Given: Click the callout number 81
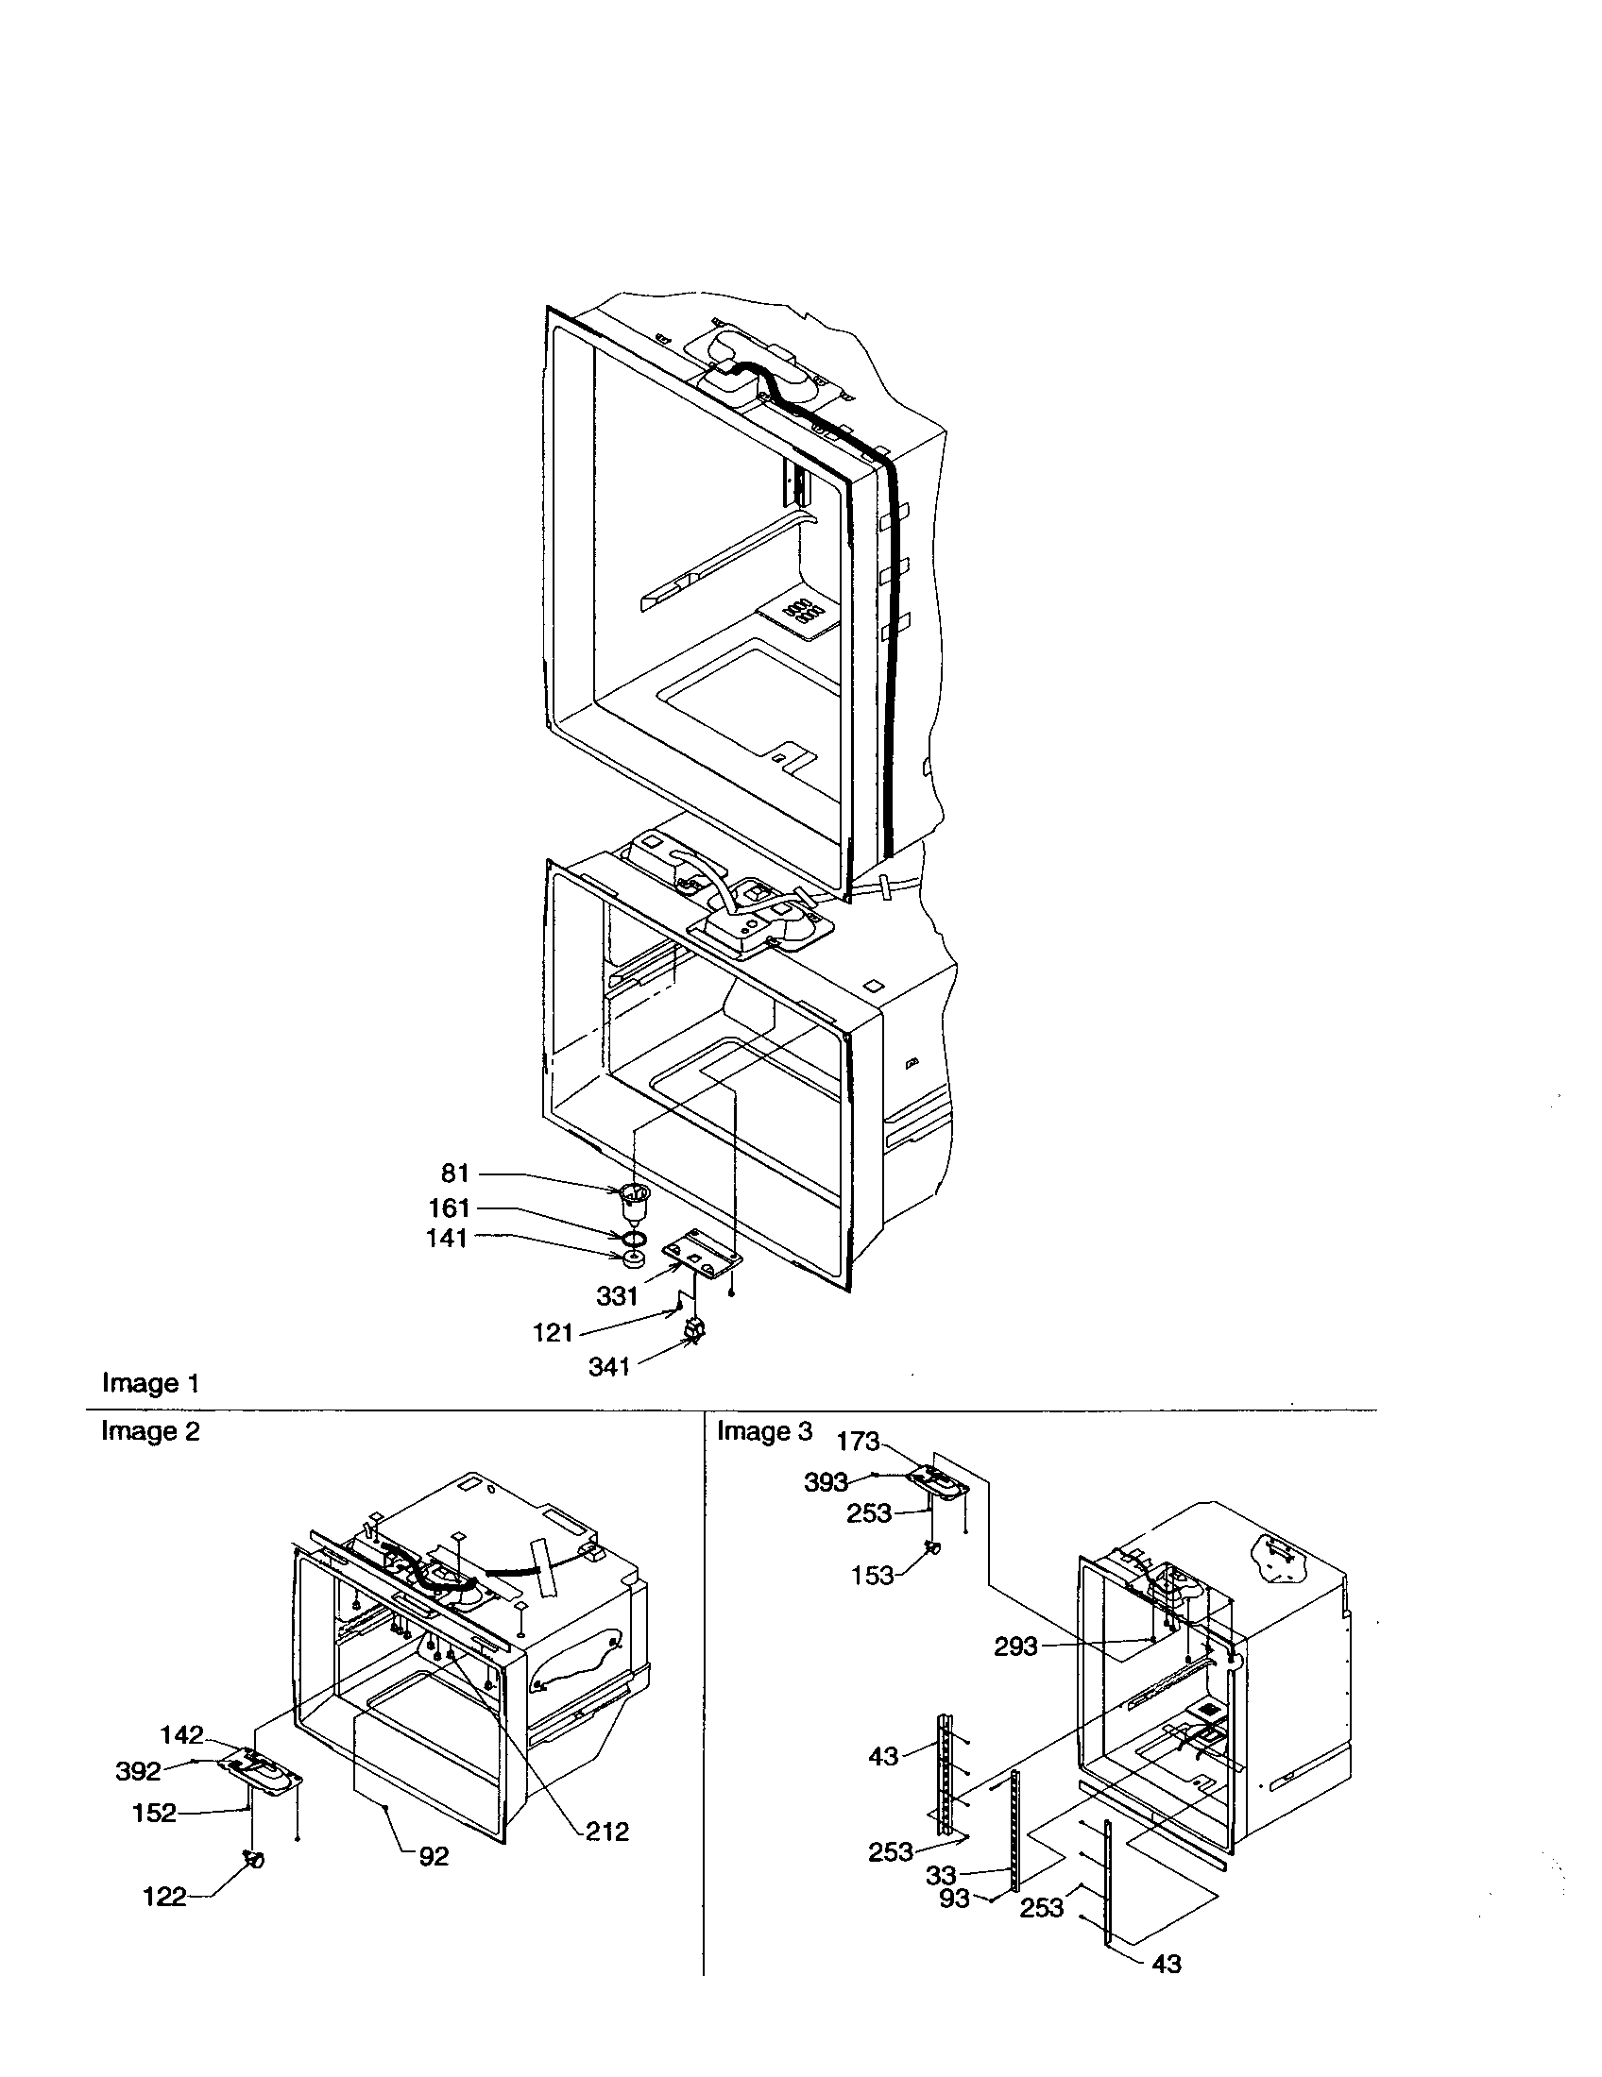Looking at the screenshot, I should coord(455,1174).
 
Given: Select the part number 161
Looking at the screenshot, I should coord(450,1207).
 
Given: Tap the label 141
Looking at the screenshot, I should coord(448,1239).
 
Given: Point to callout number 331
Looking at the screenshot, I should coord(617,1295).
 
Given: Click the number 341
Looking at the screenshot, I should coord(609,1367).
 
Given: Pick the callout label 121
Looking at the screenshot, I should coord(553,1332).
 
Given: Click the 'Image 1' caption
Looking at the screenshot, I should coord(150,1383).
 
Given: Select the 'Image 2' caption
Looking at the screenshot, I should coord(150,1431).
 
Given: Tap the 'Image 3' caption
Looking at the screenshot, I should coord(766,1431).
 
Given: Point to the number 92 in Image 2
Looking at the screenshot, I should coord(434,1856).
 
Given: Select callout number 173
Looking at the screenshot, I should coord(858,1442).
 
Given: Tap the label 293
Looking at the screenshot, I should coord(1015,1646).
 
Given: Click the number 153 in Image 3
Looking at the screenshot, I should coord(873,1576).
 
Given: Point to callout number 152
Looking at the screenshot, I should coord(154,1813).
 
